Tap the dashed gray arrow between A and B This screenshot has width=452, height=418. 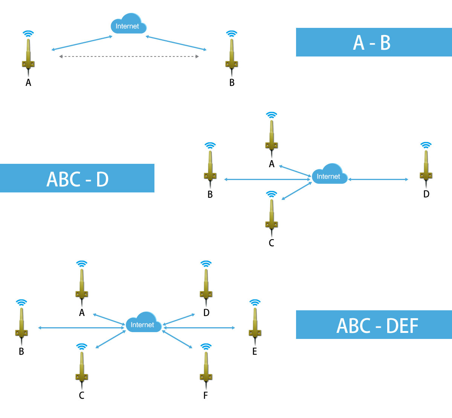tap(129, 56)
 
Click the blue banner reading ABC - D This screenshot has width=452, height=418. tap(77, 178)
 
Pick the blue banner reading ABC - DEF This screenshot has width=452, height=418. tap(374, 325)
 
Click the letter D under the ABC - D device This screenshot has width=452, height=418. tap(426, 194)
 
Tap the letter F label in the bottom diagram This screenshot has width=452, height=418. tap(206, 395)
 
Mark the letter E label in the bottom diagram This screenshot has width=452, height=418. tap(255, 351)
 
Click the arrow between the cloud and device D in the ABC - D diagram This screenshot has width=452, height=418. tap(378, 179)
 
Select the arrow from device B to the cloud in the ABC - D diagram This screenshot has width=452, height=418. tap(267, 179)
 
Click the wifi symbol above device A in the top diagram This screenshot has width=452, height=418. tap(28, 34)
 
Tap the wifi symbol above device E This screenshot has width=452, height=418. tap(255, 303)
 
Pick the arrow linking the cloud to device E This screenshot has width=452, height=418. tap(200, 328)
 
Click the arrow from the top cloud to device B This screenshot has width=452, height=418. tap(176, 43)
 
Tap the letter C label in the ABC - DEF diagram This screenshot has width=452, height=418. tap(81, 395)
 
